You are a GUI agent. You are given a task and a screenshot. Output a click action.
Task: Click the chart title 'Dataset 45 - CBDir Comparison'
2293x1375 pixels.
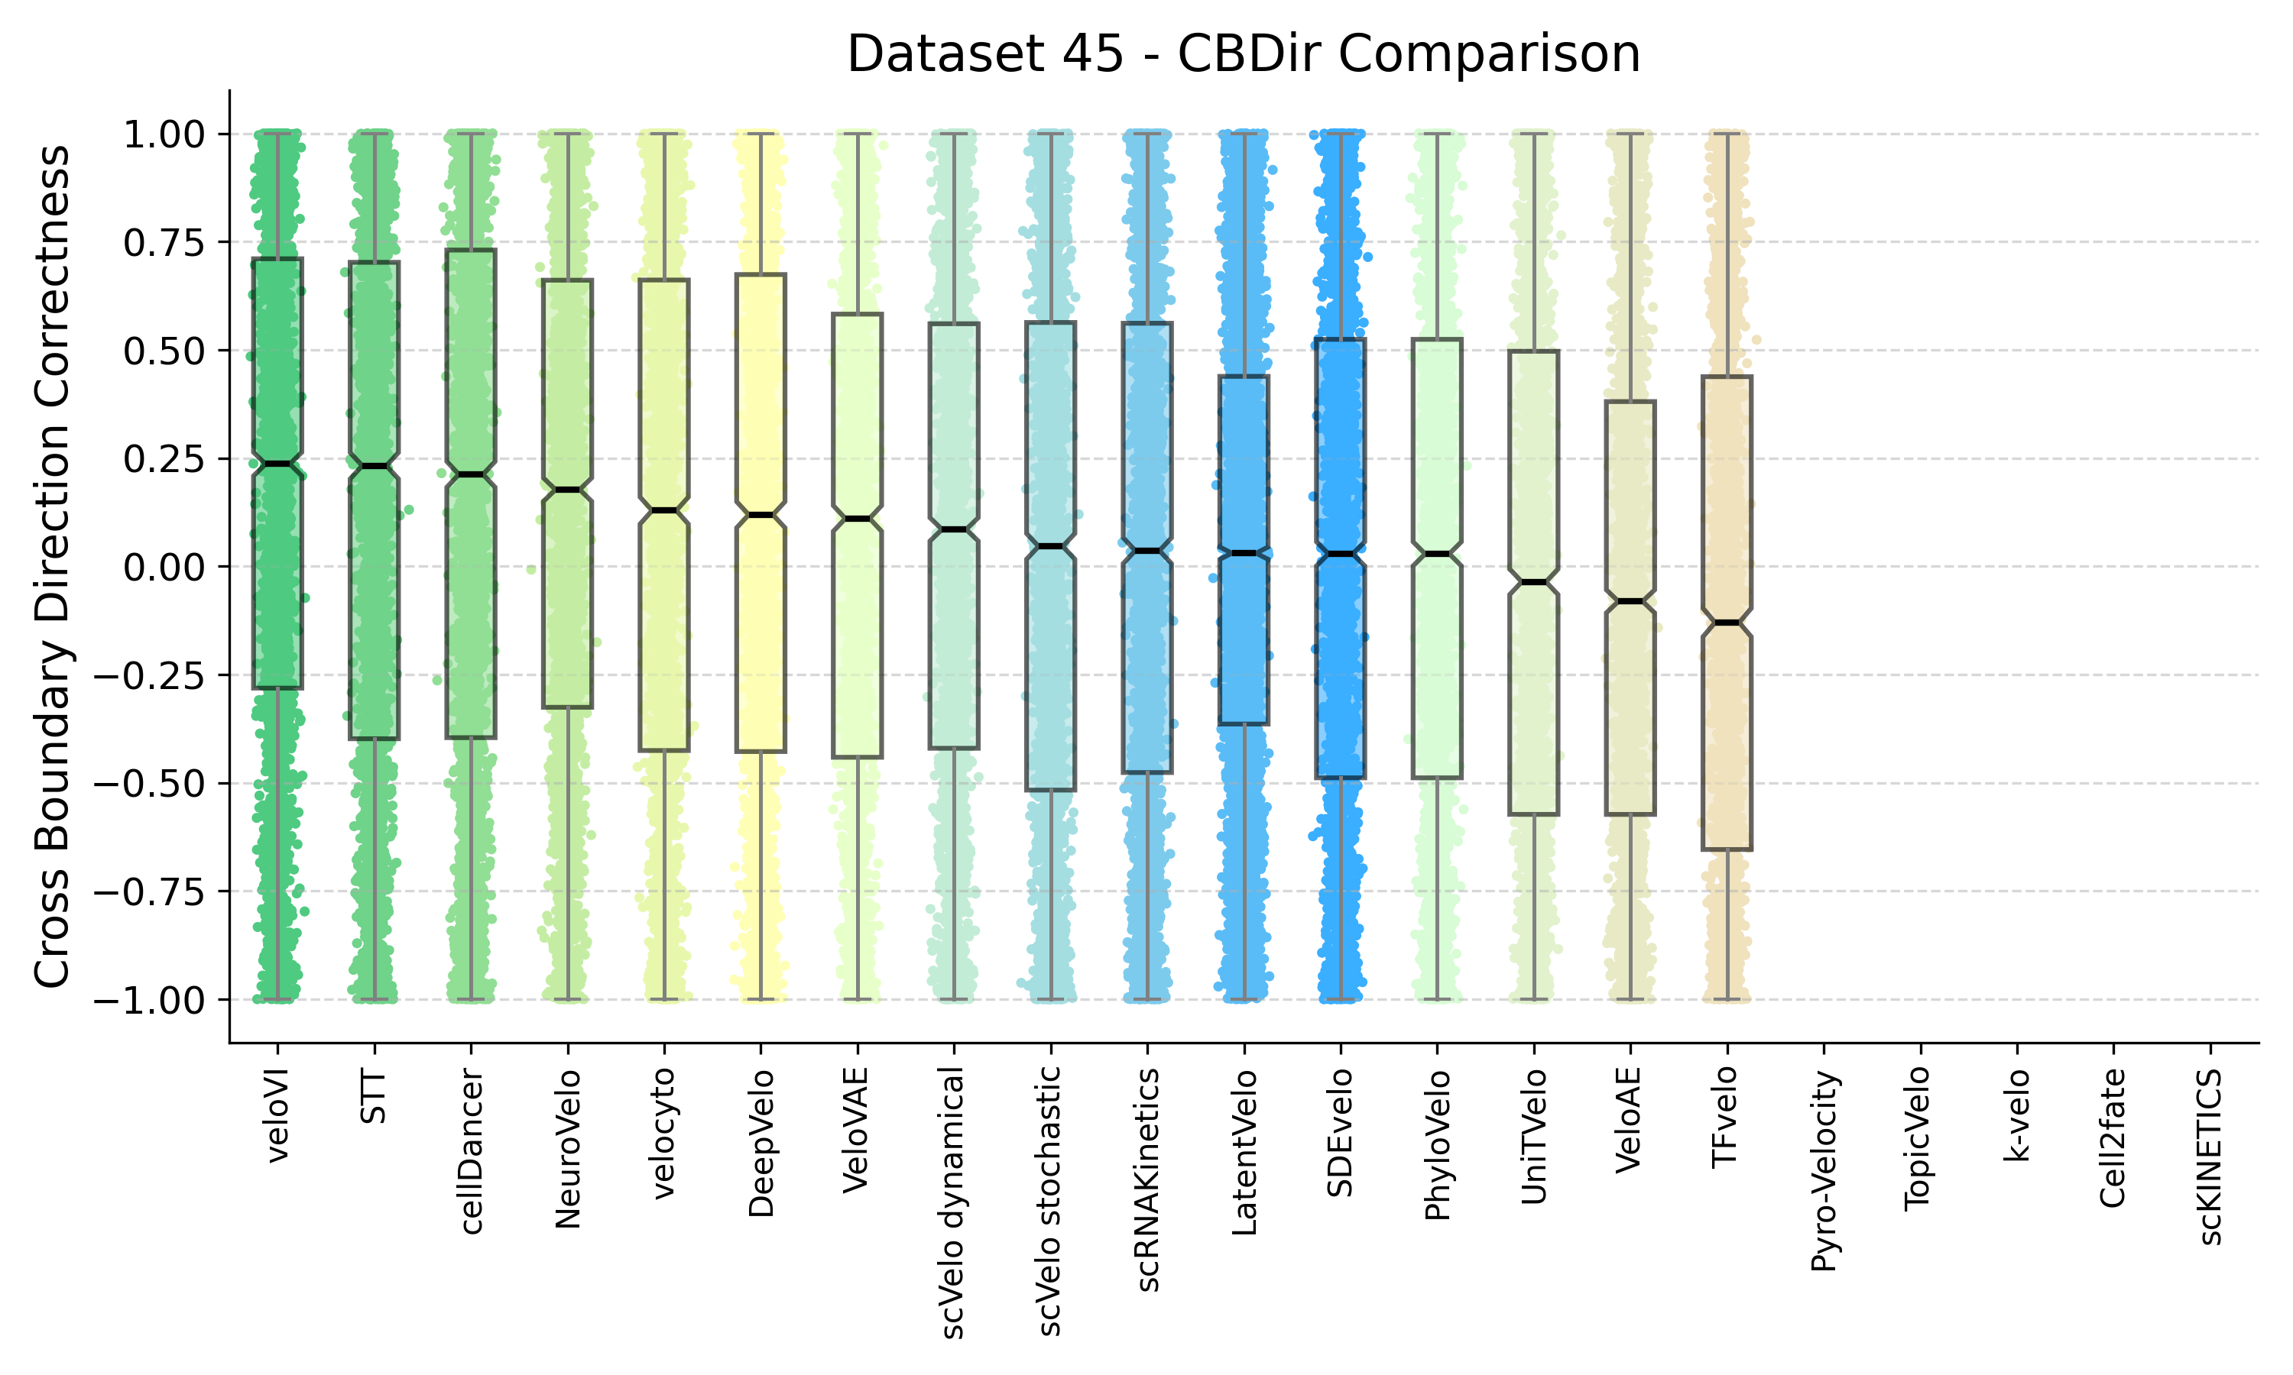point(1243,53)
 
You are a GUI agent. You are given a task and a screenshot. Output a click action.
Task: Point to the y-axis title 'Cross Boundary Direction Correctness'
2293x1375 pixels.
point(53,566)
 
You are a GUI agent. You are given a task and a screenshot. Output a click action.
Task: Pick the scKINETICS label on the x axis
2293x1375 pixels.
point(2210,1157)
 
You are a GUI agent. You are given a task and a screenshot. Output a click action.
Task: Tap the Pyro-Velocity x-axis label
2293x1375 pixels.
point(1824,1171)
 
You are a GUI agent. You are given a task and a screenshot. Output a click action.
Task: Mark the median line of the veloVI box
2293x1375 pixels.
point(278,463)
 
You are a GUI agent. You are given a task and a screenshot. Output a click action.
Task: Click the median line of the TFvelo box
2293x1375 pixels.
point(1727,623)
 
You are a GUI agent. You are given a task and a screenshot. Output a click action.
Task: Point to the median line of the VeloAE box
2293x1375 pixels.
point(1630,601)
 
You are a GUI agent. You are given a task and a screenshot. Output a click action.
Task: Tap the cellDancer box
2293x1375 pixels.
point(471,602)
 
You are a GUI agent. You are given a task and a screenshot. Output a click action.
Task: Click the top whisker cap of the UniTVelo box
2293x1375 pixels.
point(1534,134)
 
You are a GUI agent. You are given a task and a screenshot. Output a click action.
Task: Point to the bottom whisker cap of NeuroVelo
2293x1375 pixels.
point(567,1000)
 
